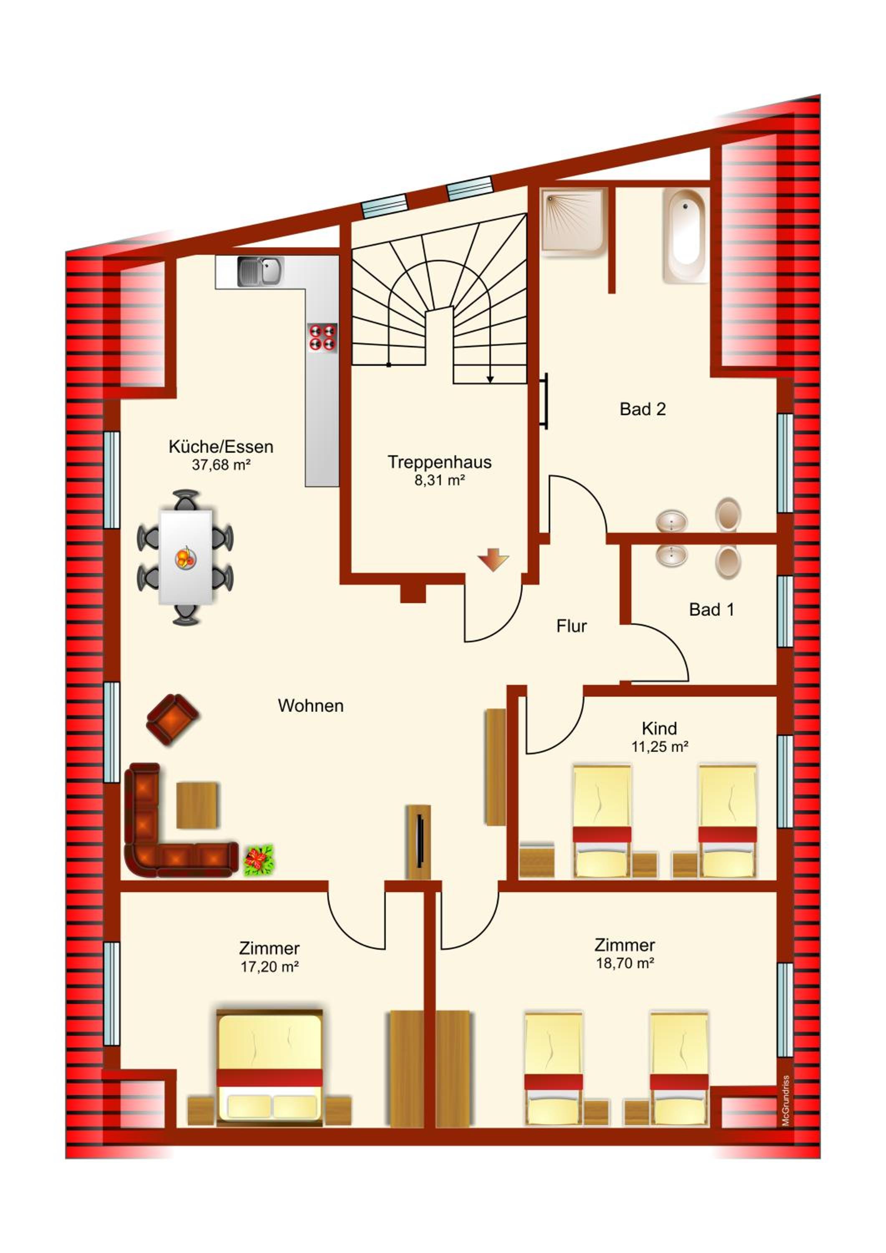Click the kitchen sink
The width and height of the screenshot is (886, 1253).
tap(260, 271)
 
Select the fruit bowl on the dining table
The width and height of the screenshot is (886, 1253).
tap(185, 558)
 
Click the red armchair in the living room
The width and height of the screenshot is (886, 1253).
tap(172, 719)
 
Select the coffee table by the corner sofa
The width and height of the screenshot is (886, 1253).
tap(197, 805)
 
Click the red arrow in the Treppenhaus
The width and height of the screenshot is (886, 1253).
tap(493, 561)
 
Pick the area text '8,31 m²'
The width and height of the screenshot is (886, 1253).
tap(439, 480)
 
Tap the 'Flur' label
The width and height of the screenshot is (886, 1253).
tap(571, 626)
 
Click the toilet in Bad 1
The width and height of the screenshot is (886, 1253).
tap(728, 562)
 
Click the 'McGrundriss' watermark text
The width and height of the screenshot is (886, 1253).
tap(786, 1100)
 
